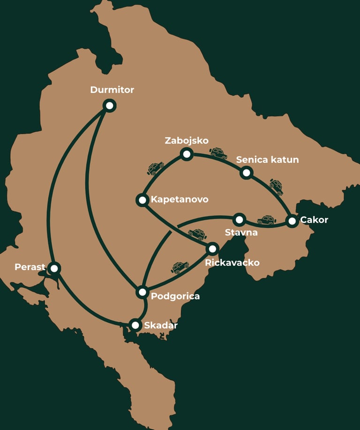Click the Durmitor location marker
(110, 106)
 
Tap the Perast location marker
(54, 268)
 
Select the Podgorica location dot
(142, 292)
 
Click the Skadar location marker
(135, 325)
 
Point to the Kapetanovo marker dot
(142, 200)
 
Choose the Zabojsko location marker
(187, 154)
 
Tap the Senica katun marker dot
(246, 173)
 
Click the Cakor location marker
(292, 220)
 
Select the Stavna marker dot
(240, 219)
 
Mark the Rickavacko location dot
(213, 248)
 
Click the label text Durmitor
(112, 90)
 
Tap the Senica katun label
(267, 159)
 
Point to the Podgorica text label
(175, 296)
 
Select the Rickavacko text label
(232, 262)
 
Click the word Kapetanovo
(179, 200)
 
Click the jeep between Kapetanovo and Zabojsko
(156, 168)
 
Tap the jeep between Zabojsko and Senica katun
(218, 153)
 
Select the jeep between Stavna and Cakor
(266, 220)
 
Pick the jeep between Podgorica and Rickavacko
(180, 267)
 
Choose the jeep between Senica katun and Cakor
(276, 187)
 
